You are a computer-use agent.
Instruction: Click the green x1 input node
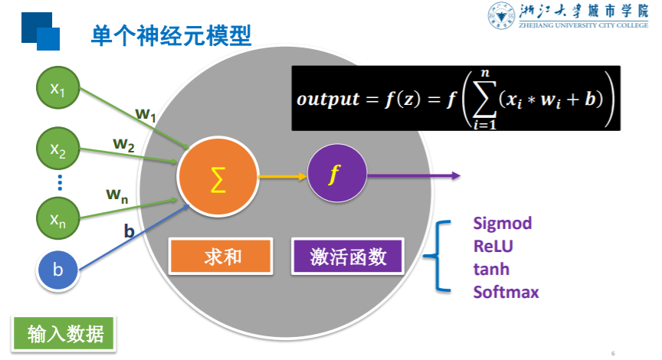click(x=57, y=90)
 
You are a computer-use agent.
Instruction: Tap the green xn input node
click(x=57, y=219)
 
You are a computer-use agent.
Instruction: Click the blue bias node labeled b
click(x=57, y=270)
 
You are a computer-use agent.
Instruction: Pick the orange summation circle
click(x=216, y=177)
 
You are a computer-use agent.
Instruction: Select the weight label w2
click(x=124, y=143)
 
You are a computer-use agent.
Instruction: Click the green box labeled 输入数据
click(x=64, y=335)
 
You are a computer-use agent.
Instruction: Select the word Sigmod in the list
click(x=502, y=224)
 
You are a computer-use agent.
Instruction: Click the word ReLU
click(x=493, y=247)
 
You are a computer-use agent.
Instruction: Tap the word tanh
click(x=490, y=269)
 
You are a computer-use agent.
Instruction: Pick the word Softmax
click(x=506, y=292)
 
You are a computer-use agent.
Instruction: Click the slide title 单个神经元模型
click(x=171, y=34)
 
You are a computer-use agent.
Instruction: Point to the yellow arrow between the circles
click(x=281, y=176)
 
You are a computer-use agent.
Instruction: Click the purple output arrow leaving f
click(x=414, y=176)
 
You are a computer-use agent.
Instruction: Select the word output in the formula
click(x=327, y=100)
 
